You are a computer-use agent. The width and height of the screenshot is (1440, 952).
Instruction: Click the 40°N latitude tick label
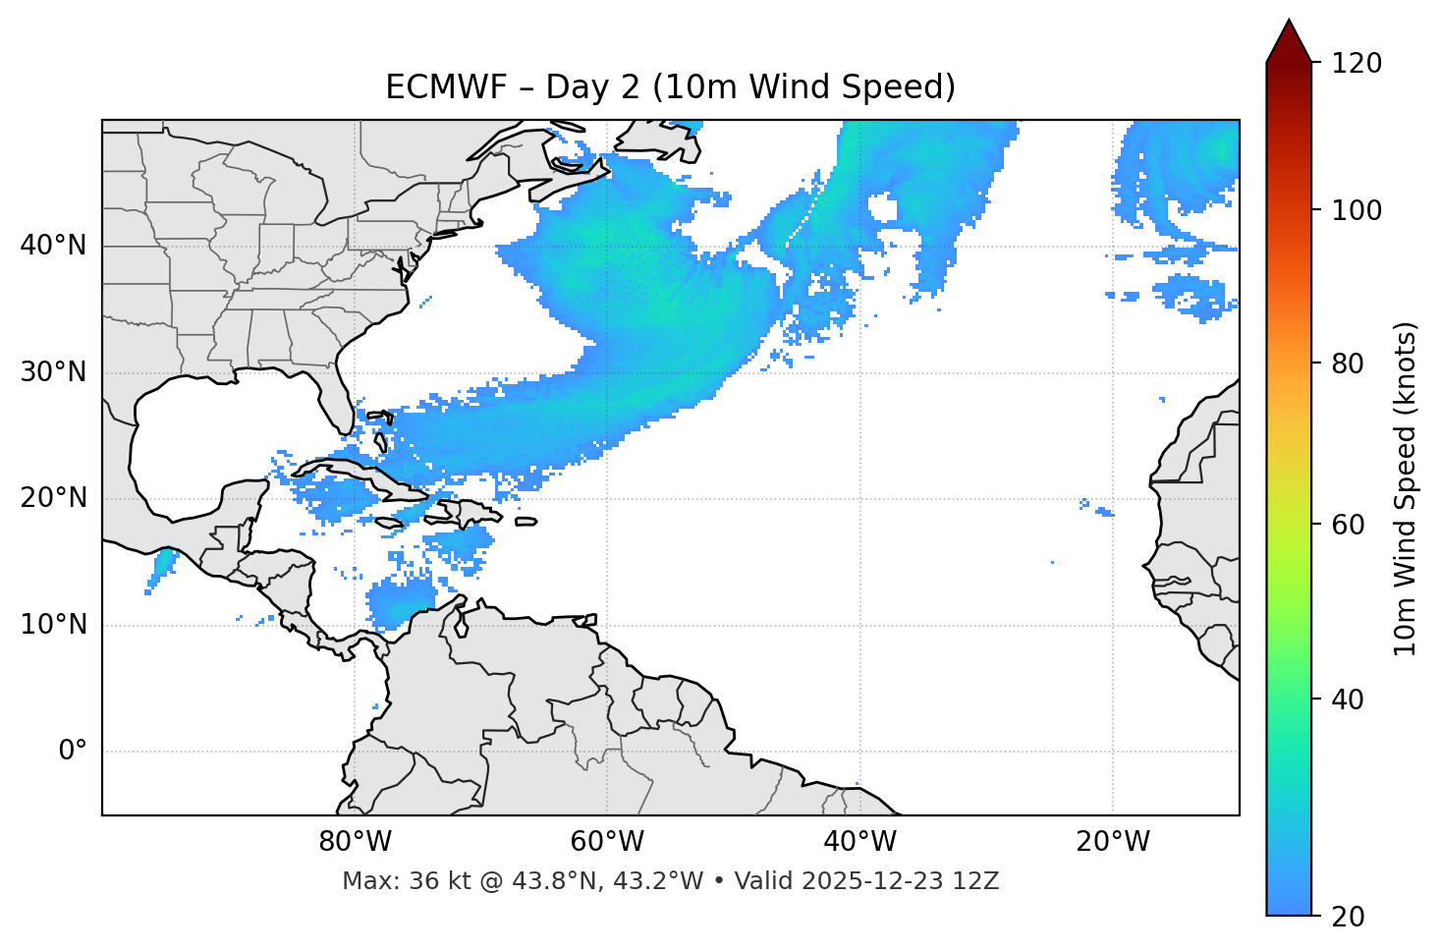point(53,246)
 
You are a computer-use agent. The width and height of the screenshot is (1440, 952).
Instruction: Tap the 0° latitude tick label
point(73,752)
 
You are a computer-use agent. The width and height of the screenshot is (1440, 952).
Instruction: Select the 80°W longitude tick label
point(355,842)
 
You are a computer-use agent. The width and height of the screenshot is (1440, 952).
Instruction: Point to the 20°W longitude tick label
point(1113,842)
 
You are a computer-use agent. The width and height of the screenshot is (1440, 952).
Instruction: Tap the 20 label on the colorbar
point(1346,917)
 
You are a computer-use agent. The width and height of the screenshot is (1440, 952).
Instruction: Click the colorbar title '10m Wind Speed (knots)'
point(1406,488)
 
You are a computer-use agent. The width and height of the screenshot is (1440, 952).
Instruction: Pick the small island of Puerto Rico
point(526,522)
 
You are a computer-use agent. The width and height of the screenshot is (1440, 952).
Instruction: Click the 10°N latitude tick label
point(53,625)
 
